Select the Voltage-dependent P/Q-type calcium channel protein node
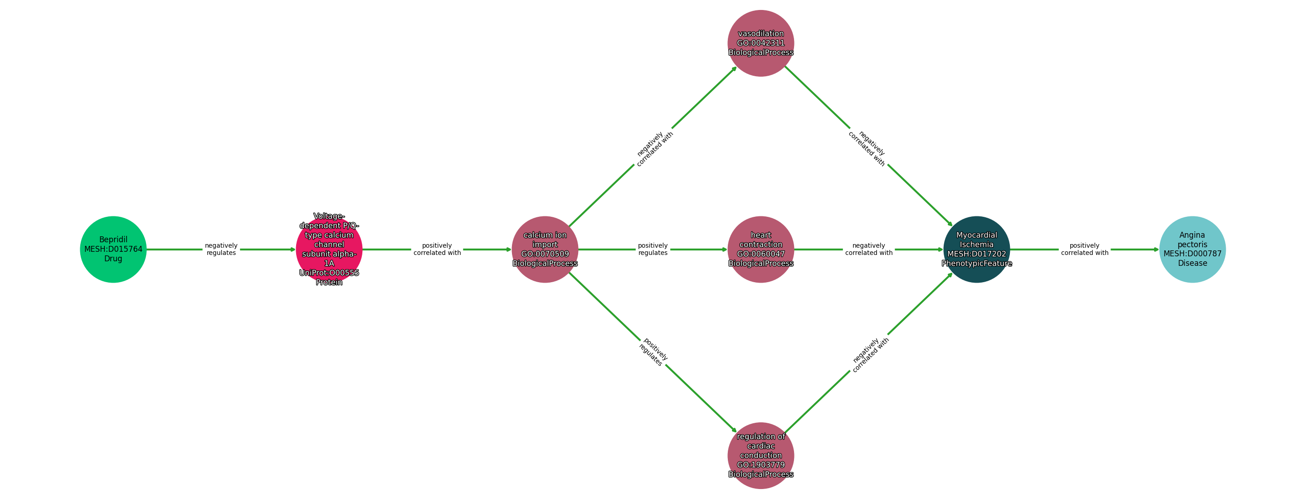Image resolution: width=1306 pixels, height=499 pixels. [x=329, y=249]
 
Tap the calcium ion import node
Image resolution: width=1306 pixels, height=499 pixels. [x=545, y=249]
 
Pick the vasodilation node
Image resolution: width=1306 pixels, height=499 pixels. [x=760, y=43]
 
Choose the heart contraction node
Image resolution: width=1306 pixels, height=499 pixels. [x=760, y=249]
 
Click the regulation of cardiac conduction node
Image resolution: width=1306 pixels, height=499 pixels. [x=760, y=455]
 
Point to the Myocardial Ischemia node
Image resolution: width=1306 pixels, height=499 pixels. [x=976, y=249]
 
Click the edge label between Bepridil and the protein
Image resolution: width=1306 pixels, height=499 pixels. [x=221, y=249]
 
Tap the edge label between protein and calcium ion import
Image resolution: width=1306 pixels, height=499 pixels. [x=437, y=249]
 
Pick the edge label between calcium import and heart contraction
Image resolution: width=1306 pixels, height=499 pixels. [x=653, y=249]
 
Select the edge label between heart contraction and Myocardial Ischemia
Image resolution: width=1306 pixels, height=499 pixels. [x=868, y=249]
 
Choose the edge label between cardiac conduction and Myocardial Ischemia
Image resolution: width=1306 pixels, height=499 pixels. [x=869, y=355]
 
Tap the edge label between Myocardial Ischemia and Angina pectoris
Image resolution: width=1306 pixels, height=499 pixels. [x=1084, y=249]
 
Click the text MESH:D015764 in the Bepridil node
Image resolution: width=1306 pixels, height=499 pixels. [x=113, y=249]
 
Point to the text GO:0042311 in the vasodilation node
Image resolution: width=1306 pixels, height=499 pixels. [x=760, y=43]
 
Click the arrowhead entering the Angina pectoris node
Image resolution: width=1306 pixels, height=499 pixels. [x=1156, y=249]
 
